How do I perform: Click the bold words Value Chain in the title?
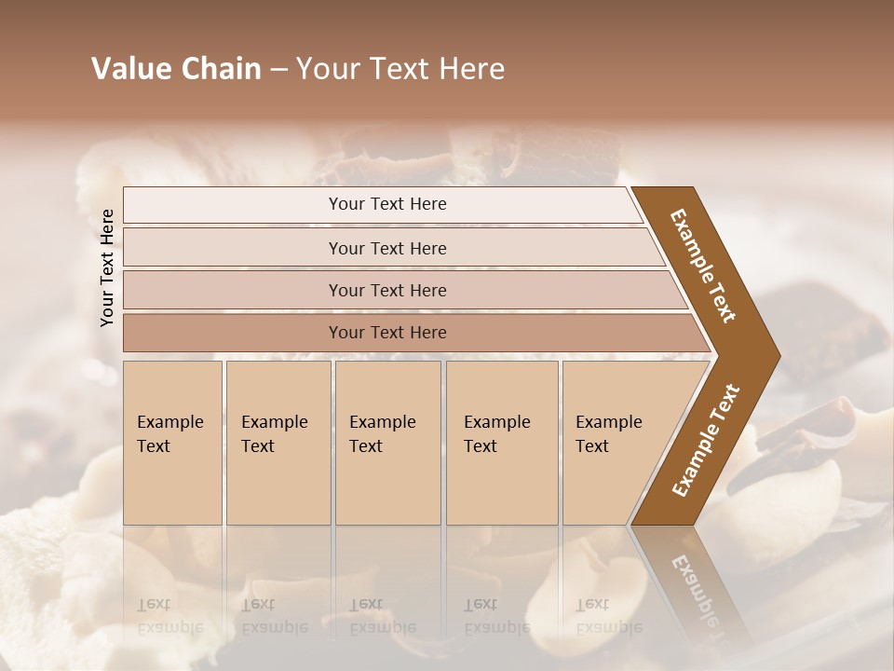pyautogui.click(x=176, y=69)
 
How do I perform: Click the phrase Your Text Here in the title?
pyautogui.click(x=400, y=69)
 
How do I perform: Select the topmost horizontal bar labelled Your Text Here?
pyautogui.click(x=387, y=204)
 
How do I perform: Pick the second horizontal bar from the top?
pyautogui.click(x=387, y=248)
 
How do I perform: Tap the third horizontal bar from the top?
pyautogui.click(x=387, y=290)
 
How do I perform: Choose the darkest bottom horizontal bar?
pyautogui.click(x=387, y=333)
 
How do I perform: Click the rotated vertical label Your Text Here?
pyautogui.click(x=107, y=267)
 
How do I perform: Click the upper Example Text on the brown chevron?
pyautogui.click(x=704, y=266)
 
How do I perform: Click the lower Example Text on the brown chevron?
pyautogui.click(x=706, y=441)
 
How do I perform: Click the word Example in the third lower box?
pyautogui.click(x=382, y=422)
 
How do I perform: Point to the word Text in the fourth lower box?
pyautogui.click(x=481, y=446)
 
